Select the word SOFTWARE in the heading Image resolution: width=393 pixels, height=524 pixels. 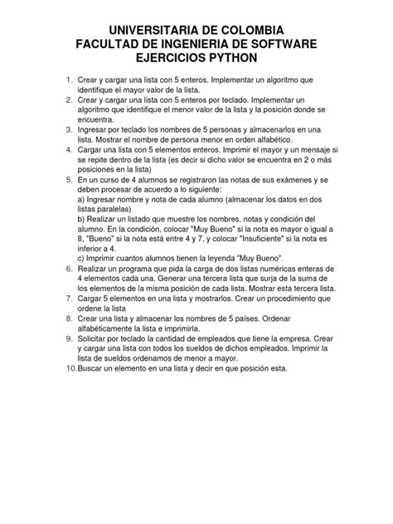pos(279,43)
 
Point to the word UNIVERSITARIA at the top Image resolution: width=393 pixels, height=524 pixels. pos(151,29)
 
